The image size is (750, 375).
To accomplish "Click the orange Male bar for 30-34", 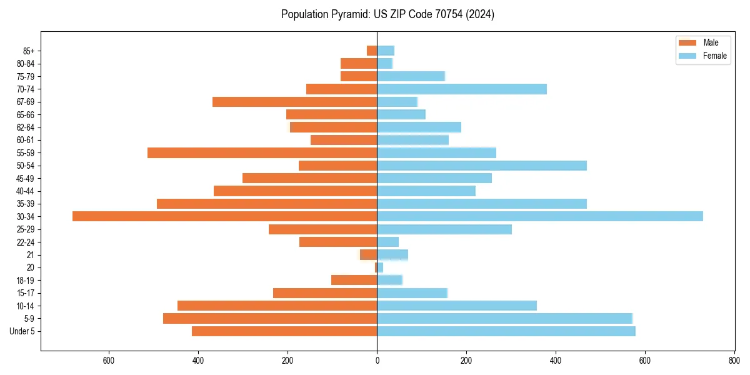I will [x=224, y=216].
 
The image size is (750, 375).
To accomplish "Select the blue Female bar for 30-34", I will [x=539, y=216].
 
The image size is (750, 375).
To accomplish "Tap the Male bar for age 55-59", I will [x=262, y=152].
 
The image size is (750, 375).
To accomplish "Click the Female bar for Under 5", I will [x=506, y=331].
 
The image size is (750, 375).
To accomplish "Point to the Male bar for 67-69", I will [x=294, y=102].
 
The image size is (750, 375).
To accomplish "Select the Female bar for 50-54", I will [x=481, y=166].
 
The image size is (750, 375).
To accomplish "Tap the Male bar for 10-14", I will [x=277, y=306].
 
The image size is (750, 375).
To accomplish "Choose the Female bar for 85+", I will [x=385, y=51].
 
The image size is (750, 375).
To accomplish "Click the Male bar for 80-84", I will [x=359, y=63].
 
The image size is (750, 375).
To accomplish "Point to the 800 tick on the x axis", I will [x=734, y=361].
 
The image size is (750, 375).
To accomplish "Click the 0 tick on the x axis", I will [x=377, y=361].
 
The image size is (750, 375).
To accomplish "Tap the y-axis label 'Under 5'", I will [x=22, y=331].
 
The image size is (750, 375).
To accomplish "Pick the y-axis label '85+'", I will [x=28, y=51].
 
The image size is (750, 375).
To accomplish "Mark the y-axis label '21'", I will [x=31, y=255].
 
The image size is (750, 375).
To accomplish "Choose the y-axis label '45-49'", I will [x=26, y=178].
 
